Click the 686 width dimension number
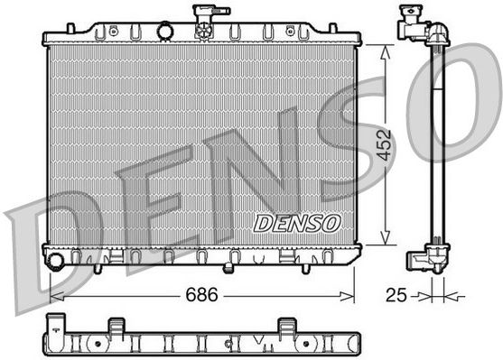tap(201, 294)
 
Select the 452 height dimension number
tap(385, 145)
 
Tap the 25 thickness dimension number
tap(396, 295)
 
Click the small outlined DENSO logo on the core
tap(297, 224)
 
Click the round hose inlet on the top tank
tap(165, 32)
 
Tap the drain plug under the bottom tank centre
tap(228, 268)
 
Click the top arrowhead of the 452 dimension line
tap(385, 52)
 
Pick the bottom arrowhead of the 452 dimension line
tap(385, 237)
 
